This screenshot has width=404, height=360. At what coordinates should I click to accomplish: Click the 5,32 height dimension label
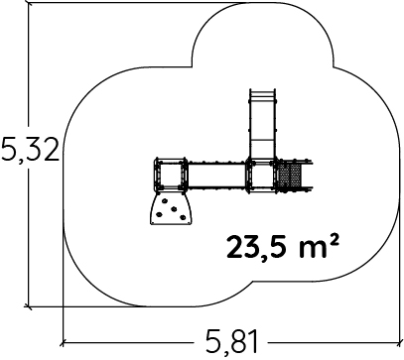tap(31, 150)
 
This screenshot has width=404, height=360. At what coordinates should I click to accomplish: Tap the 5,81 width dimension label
tap(231, 342)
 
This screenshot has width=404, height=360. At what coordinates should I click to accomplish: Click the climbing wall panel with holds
tap(171, 208)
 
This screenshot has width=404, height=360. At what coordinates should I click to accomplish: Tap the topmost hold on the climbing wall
tap(164, 200)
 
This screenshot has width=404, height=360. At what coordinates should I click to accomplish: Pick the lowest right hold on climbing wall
tap(183, 217)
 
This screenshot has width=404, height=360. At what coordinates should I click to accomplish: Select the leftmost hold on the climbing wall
tap(159, 214)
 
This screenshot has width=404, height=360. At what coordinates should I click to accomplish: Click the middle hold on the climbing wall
tap(174, 208)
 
